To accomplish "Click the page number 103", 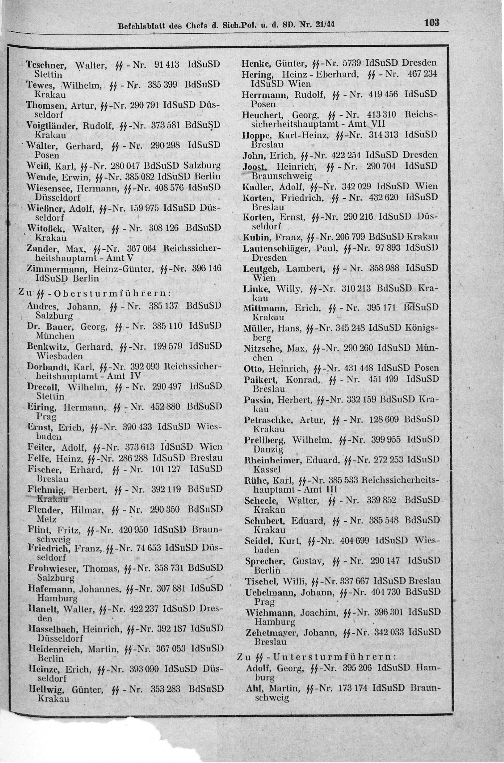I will coord(431,23).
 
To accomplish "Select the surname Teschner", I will coord(46,65).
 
